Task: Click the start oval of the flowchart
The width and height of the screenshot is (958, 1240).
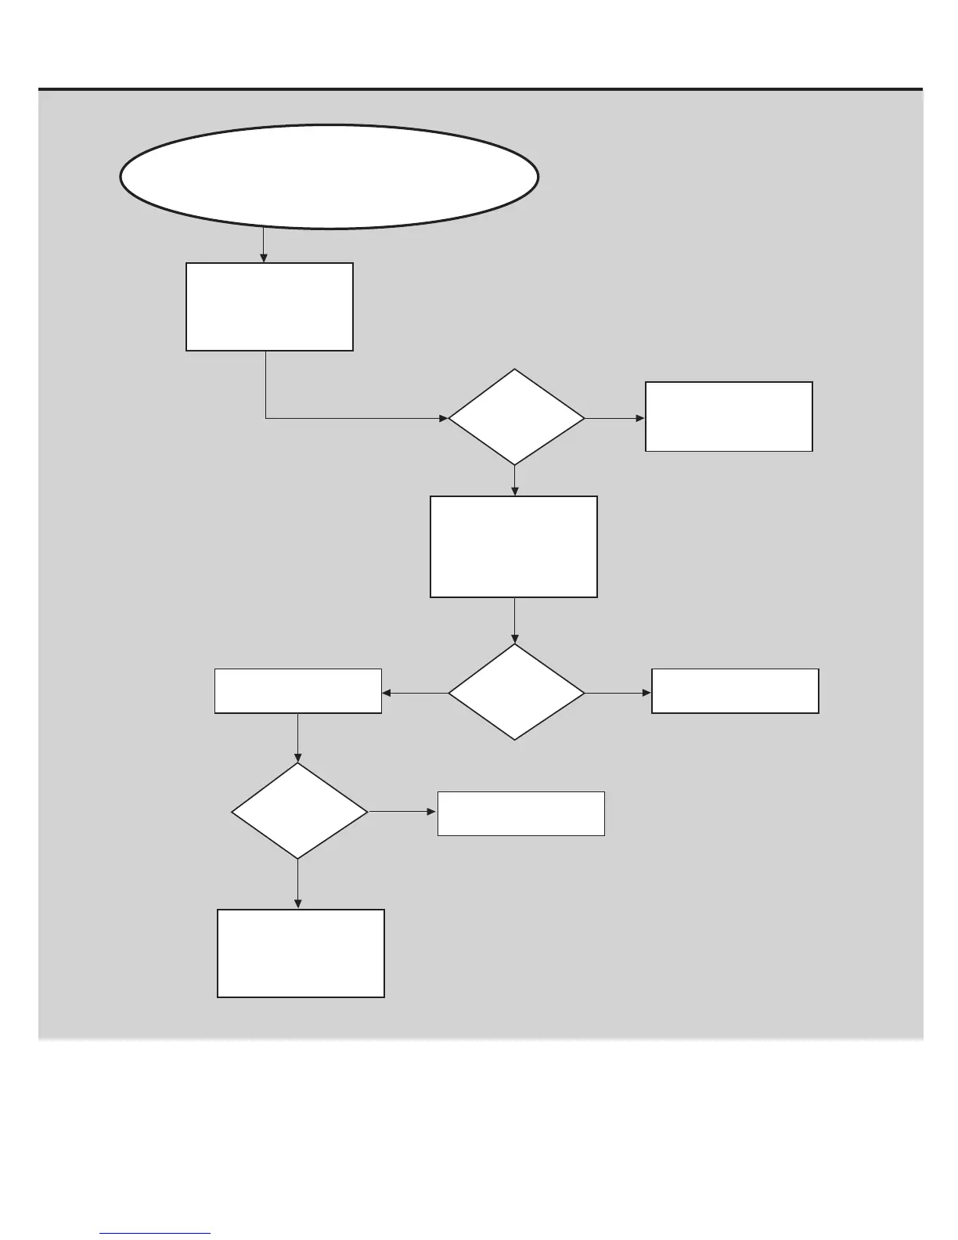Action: tap(329, 177)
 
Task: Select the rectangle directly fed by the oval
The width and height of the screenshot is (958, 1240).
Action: tap(269, 307)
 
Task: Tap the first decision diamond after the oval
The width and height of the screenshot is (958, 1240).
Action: tap(516, 418)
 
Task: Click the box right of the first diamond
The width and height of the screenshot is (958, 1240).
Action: tap(729, 416)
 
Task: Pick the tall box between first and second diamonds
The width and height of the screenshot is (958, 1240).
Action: tap(513, 546)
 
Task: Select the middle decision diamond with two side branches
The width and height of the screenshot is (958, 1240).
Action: tap(516, 692)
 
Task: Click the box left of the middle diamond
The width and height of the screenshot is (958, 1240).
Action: tap(298, 691)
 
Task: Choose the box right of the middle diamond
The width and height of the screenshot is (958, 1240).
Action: tap(735, 691)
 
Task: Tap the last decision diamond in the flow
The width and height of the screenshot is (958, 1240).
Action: tap(299, 812)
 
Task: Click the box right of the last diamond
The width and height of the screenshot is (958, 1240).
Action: tap(520, 814)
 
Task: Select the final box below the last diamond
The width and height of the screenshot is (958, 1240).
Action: tap(301, 953)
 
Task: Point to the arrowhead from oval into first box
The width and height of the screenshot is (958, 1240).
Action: tap(264, 258)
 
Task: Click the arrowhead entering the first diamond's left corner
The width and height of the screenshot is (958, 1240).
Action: tap(443, 419)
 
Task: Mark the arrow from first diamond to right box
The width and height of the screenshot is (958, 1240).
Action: tap(615, 419)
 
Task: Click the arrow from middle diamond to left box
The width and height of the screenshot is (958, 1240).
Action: tap(415, 693)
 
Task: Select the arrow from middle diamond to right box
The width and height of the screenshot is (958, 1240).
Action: tap(618, 693)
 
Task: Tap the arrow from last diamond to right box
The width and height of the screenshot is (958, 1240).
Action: tap(402, 812)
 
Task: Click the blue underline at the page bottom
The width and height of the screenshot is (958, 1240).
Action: tap(156, 1234)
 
